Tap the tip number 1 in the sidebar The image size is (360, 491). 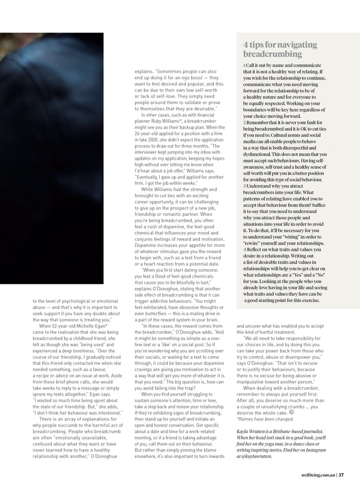[x=244, y=65]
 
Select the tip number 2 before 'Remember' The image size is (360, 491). [x=244, y=123]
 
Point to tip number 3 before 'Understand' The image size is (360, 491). [x=244, y=186]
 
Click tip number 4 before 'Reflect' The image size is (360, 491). [x=244, y=249]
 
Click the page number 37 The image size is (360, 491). [x=341, y=475]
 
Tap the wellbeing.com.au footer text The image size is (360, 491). [x=318, y=475]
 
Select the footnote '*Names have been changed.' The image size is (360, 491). [x=265, y=419]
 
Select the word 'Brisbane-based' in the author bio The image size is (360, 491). [x=279, y=432]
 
